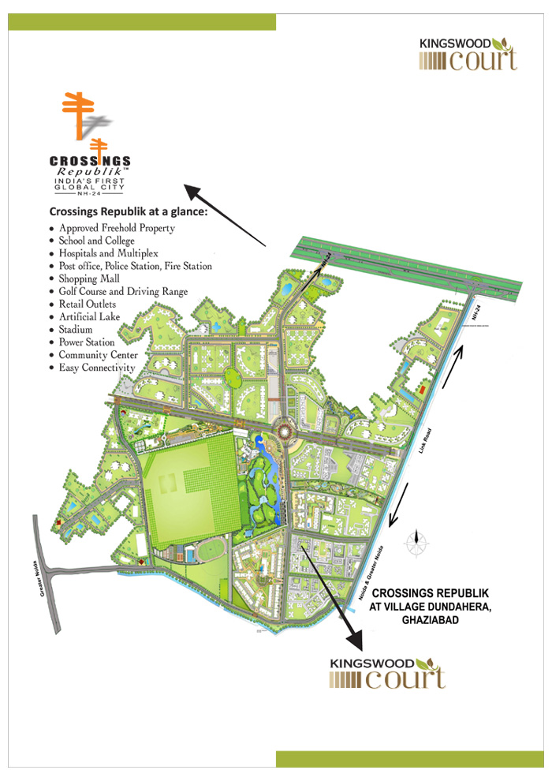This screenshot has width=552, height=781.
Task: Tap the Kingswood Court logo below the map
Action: pyautogui.click(x=388, y=672)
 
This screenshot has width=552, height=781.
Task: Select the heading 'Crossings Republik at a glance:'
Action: pyautogui.click(x=129, y=211)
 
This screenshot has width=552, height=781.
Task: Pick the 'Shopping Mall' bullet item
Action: pyautogui.click(x=89, y=278)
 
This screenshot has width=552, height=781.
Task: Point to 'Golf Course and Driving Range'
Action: pyautogui.click(x=123, y=292)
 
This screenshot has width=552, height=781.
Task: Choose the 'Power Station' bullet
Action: pyautogui.click(x=87, y=342)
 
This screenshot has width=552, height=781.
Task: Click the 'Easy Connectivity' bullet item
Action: pyautogui.click(x=97, y=368)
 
